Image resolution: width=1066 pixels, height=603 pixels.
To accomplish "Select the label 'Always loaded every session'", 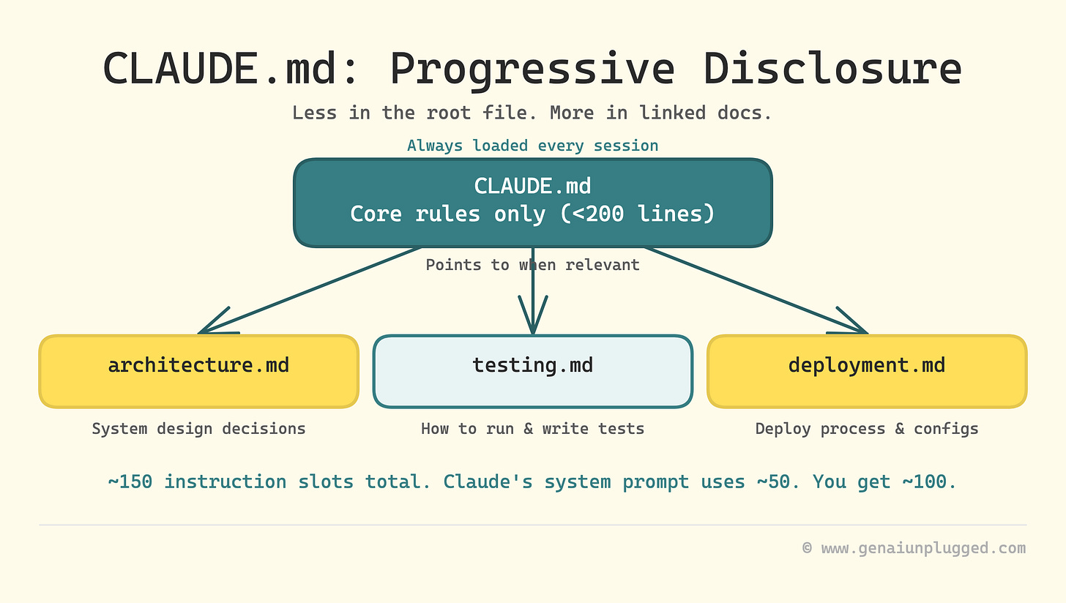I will (x=532, y=146).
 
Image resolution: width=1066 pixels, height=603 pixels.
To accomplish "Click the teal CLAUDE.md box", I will (x=532, y=203).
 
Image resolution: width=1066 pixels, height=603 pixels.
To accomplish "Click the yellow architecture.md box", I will (x=198, y=371).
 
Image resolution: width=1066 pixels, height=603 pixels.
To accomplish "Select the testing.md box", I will (x=532, y=371).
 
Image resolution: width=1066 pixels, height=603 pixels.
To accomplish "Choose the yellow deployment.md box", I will (x=867, y=371).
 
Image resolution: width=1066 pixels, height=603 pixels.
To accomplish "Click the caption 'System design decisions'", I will (x=198, y=429).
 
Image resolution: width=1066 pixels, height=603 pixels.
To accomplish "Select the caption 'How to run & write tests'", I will (x=532, y=429).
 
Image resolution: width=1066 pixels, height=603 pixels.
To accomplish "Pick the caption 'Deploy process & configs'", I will (x=867, y=429).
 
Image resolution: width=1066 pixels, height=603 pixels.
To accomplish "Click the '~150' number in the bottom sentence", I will (x=130, y=482).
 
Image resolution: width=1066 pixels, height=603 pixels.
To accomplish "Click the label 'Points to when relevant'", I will (x=532, y=265).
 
